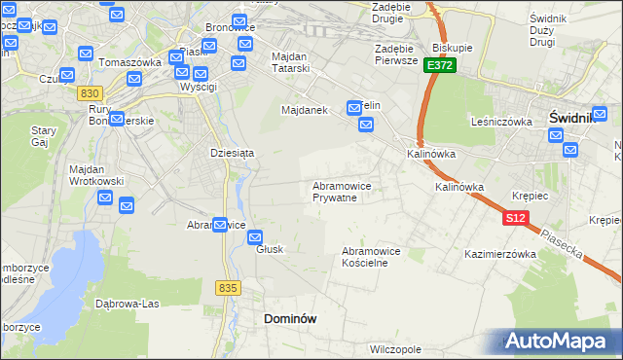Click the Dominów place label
(290, 318)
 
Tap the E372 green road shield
(440, 64)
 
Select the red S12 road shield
(516, 219)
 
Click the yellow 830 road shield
(91, 92)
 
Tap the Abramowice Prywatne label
(341, 191)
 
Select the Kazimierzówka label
(501, 254)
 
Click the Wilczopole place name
(395, 347)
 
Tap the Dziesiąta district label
(232, 153)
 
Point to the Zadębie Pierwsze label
(396, 54)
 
